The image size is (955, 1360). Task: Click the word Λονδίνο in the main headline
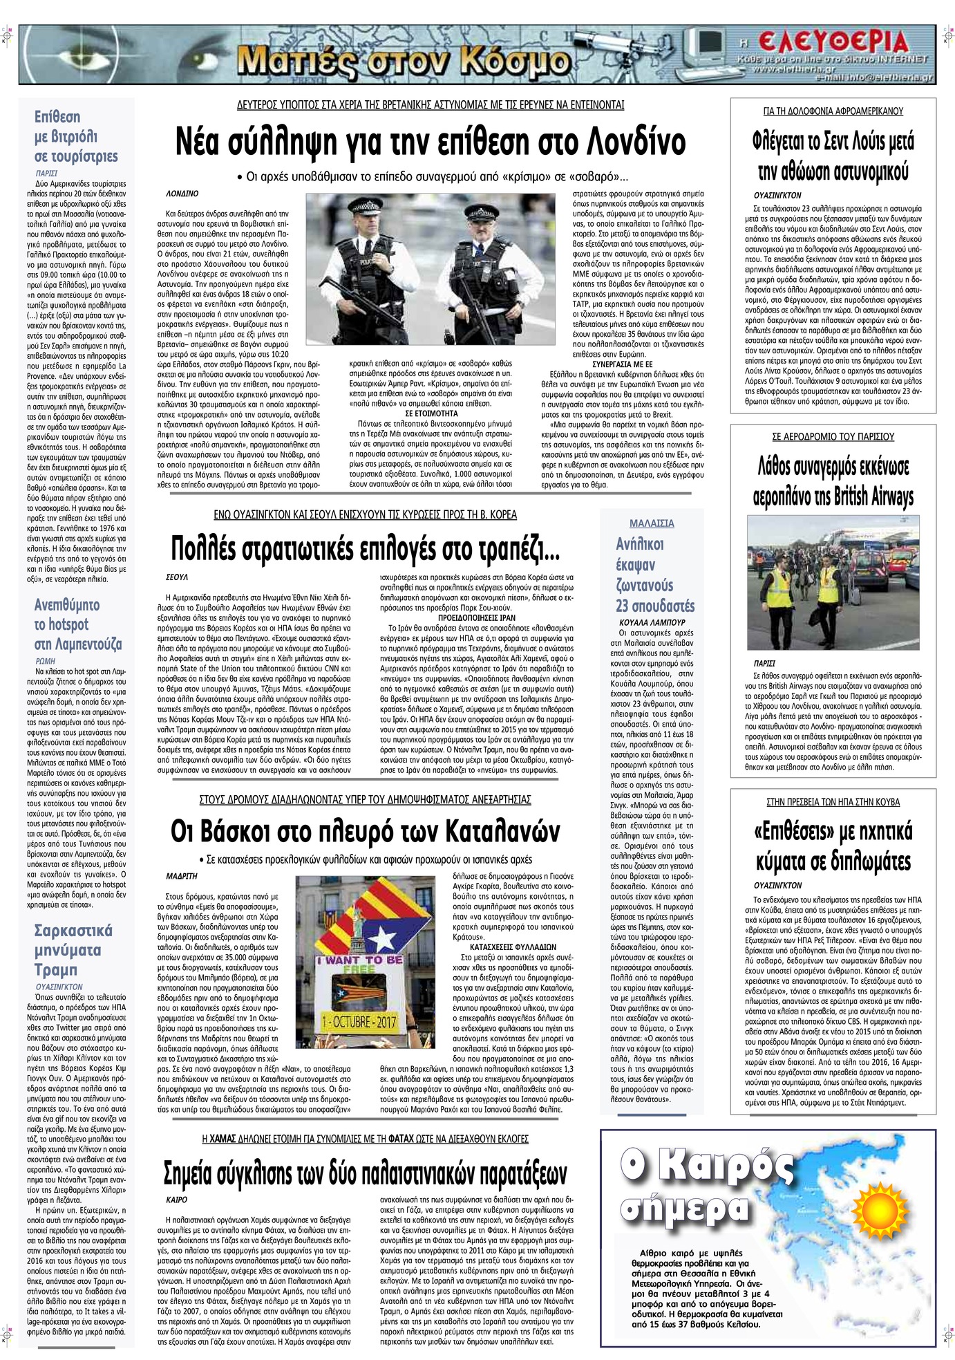click(634, 142)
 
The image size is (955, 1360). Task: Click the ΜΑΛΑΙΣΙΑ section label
click(652, 523)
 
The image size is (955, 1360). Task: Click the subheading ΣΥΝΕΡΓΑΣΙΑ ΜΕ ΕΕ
click(623, 364)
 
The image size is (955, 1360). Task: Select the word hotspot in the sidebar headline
click(68, 624)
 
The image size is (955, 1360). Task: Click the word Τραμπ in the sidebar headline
click(56, 969)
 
